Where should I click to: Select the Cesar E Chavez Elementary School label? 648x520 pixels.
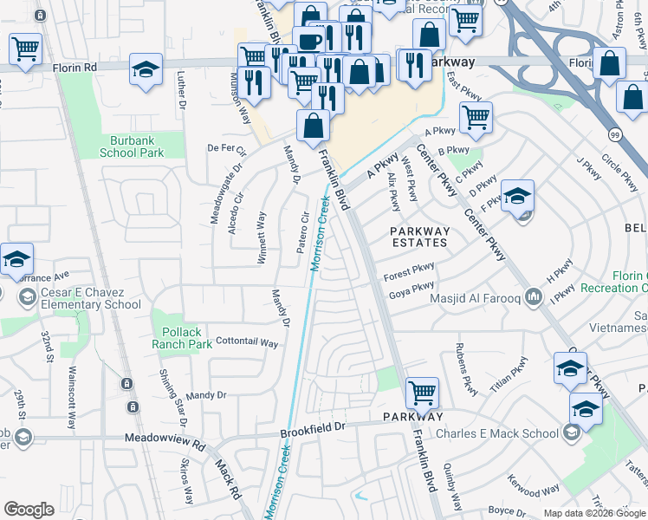(x=90, y=299)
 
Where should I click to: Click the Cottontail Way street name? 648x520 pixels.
(x=247, y=343)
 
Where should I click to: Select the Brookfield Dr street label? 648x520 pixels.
(x=313, y=427)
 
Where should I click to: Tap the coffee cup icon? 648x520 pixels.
(x=308, y=40)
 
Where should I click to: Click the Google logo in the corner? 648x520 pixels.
(x=29, y=510)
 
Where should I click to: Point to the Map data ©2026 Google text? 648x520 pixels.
(x=594, y=513)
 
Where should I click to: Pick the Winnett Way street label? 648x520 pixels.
(x=262, y=230)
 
